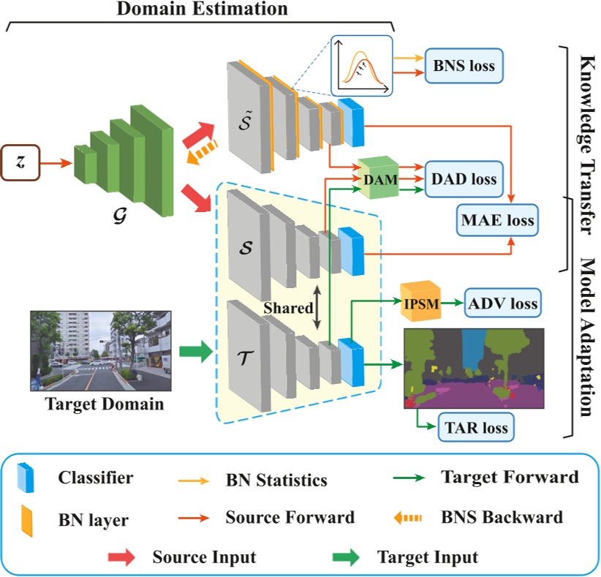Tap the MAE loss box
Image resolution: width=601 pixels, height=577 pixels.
click(x=496, y=219)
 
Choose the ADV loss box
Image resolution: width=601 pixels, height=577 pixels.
click(x=503, y=303)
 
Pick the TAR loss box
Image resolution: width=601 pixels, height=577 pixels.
click(x=475, y=427)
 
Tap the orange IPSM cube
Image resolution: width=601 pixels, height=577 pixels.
click(x=421, y=302)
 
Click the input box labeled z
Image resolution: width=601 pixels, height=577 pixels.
click(x=20, y=162)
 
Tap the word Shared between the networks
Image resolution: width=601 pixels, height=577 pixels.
click(x=288, y=308)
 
